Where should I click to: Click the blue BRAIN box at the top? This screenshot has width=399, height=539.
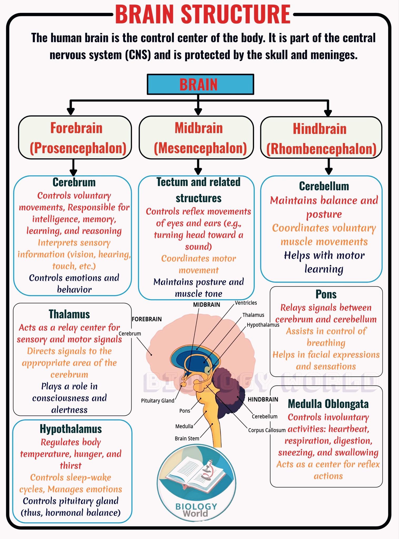(x=200, y=84)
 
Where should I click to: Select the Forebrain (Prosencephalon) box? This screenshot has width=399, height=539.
(x=75, y=137)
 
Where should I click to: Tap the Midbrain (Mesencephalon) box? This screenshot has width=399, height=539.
(x=196, y=137)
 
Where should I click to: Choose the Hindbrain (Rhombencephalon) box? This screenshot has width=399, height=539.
(x=321, y=138)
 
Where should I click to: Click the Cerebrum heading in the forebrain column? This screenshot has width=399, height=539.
(x=74, y=182)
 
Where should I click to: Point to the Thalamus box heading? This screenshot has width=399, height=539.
(x=69, y=314)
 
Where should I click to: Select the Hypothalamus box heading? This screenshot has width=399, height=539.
(x=71, y=429)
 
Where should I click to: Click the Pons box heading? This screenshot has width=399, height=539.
(x=326, y=294)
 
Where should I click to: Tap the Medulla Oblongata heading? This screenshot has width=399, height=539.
(x=328, y=403)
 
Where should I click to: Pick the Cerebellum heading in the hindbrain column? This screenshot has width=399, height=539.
(x=324, y=186)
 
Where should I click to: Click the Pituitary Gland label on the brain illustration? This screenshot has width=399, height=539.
(x=158, y=401)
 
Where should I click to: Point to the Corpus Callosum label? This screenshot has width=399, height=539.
(x=267, y=430)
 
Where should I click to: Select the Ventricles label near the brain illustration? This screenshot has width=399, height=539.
(x=246, y=303)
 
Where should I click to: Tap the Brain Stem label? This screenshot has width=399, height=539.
(x=187, y=438)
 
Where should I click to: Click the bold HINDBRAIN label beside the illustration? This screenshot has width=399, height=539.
(x=263, y=400)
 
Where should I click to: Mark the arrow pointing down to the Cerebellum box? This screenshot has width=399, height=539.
(x=328, y=167)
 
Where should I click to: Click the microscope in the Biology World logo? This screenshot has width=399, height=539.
(x=208, y=473)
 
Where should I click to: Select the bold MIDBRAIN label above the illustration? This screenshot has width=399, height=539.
(x=207, y=305)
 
